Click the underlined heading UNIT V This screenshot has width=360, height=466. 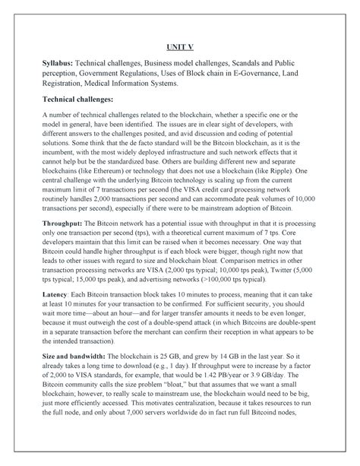[180, 45]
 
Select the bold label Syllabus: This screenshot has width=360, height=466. [62, 65]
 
